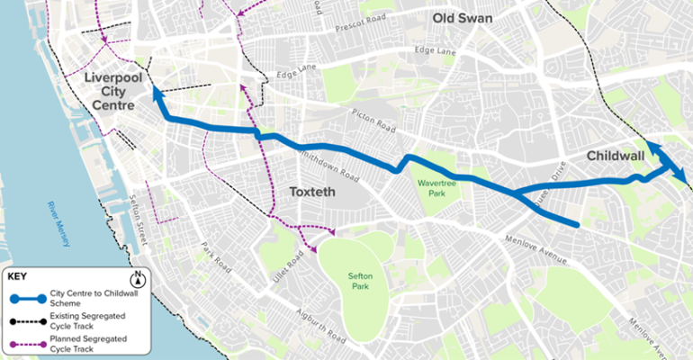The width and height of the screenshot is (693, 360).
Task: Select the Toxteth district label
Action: pyautogui.click(x=310, y=192)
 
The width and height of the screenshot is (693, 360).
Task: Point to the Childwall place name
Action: pyautogui.click(x=615, y=157)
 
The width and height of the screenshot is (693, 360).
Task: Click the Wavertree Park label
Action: pyautogui.click(x=437, y=186)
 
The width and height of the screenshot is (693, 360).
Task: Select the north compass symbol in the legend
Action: pyautogui.click(x=138, y=278)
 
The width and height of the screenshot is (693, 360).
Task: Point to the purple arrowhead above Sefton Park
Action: pyautogui.click(x=331, y=232)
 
